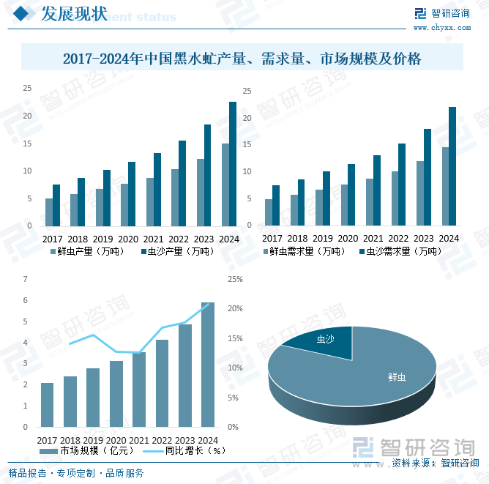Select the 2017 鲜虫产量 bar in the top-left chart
coord(49,212)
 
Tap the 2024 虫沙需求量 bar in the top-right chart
coord(452,166)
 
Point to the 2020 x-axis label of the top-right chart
coord(348,239)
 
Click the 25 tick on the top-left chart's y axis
coord(27,88)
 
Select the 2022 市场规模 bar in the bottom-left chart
coord(162,383)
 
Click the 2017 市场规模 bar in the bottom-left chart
coord(47,404)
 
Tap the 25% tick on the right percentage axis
coord(235,279)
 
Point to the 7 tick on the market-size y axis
coord(26,279)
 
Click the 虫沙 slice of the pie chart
coord(322,341)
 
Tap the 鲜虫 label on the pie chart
coord(397,377)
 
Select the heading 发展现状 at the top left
coord(73,14)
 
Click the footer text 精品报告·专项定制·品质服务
coord(76,473)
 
